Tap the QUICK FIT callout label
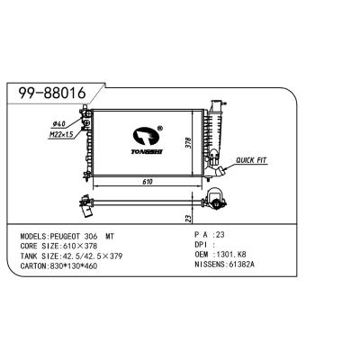253,160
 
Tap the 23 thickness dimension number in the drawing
186,218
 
